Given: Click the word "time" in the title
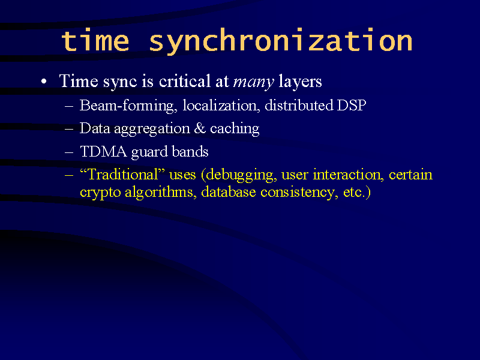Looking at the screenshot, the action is tap(95, 40).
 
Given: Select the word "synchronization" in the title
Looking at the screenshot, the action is tap(281, 41).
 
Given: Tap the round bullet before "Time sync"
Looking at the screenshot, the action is tap(44, 82).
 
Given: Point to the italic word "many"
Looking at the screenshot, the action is tap(253, 82).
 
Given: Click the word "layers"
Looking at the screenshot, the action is tap(300, 82).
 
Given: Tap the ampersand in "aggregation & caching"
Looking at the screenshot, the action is tap(200, 128).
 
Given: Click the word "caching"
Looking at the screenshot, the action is tap(235, 128).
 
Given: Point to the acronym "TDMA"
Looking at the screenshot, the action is tap(103, 152).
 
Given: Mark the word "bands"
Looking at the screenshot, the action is tap(190, 151).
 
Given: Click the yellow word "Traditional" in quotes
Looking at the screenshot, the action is tap(123, 175).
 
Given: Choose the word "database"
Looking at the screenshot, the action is tap(229, 192).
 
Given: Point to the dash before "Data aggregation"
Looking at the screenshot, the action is tap(69, 129).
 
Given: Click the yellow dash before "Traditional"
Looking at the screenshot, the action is tap(69, 176).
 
